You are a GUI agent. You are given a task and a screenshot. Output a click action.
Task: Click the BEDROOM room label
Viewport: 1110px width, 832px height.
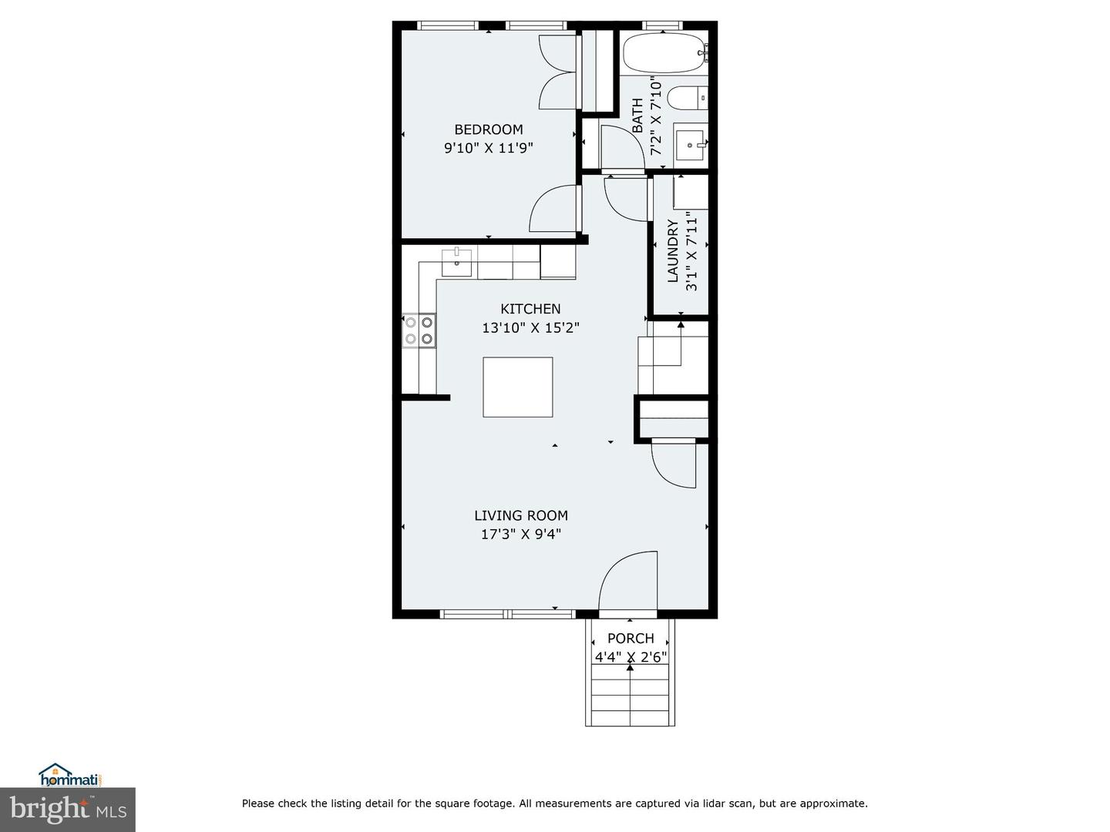coord(489,130)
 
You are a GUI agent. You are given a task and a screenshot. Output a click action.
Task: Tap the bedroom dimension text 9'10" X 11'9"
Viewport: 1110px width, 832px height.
coord(489,149)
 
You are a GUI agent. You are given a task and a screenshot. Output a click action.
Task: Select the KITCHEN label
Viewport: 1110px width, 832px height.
coord(530,309)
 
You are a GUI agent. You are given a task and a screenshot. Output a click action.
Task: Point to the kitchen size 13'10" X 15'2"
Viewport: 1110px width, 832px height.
coord(530,328)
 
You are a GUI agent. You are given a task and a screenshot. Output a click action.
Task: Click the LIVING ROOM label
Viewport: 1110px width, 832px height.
coord(521,515)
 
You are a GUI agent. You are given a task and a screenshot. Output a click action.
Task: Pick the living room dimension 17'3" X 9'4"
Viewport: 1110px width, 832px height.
coord(521,534)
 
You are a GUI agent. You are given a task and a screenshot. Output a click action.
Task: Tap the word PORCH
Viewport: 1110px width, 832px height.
coord(631,639)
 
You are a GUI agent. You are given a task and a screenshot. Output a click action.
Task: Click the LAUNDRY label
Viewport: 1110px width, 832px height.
coord(673,251)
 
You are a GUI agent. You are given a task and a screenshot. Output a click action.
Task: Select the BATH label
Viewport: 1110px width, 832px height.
coord(637,116)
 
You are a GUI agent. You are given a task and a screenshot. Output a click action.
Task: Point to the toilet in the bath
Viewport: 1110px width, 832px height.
coord(688,98)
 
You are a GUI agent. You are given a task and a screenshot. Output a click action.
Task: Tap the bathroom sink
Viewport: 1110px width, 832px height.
coord(690,145)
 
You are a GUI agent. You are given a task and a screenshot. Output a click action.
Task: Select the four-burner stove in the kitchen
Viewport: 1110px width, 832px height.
coord(419,330)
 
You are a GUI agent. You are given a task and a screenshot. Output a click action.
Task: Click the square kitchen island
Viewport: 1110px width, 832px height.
coord(518,387)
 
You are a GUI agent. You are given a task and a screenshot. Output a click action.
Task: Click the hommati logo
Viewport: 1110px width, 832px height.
coord(71,774)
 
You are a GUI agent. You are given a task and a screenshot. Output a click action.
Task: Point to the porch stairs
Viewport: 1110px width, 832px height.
coord(630,696)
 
